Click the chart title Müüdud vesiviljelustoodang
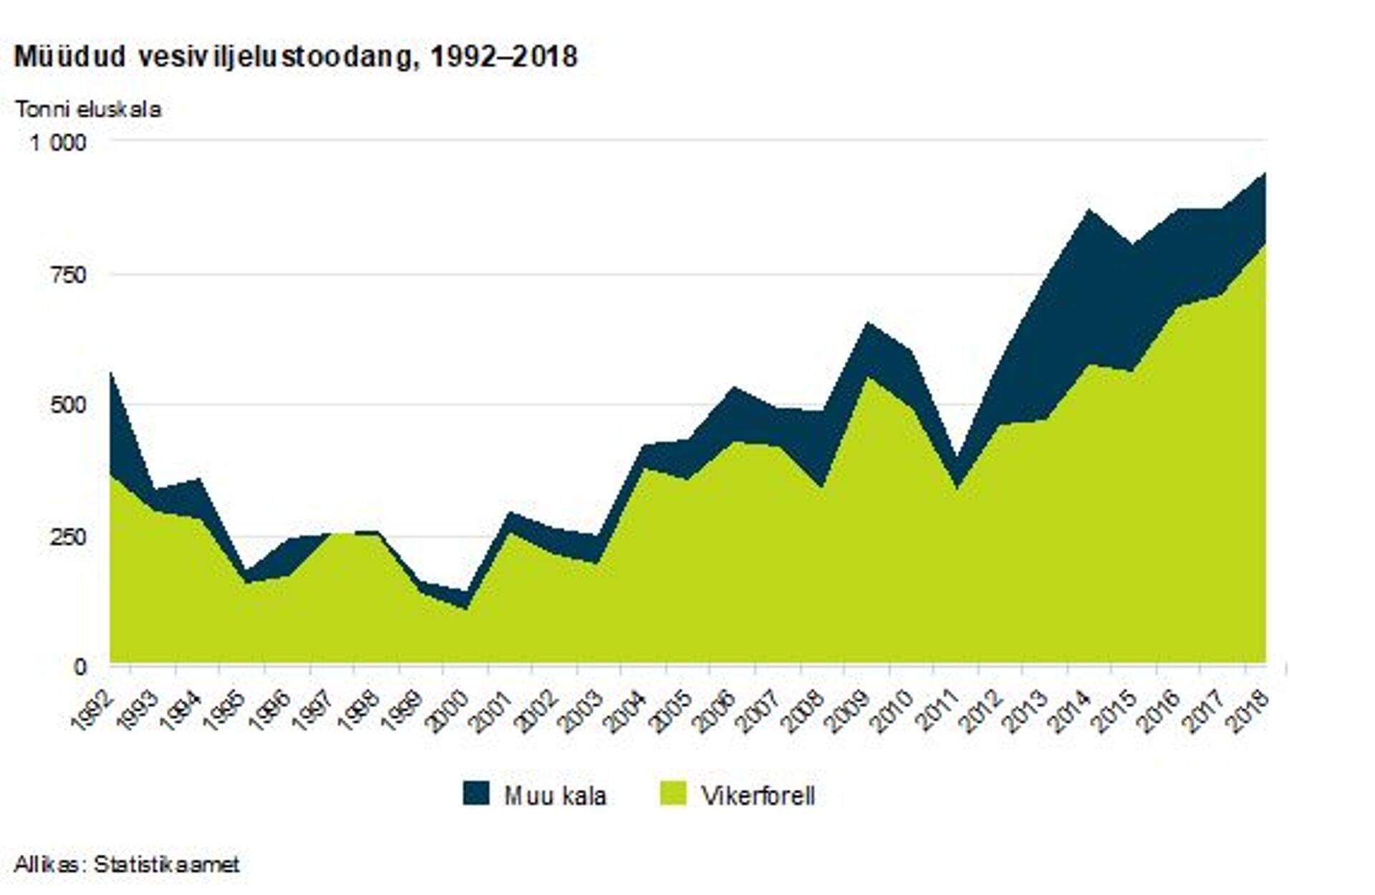click(x=295, y=57)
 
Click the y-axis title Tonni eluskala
click(x=88, y=110)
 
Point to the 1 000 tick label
click(x=57, y=142)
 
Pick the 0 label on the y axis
click(x=79, y=667)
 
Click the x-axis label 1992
click(x=93, y=709)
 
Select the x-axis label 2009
click(x=848, y=709)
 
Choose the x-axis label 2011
click(x=937, y=709)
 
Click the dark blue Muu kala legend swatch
click(x=476, y=794)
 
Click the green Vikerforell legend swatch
click(x=672, y=794)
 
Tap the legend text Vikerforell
click(x=758, y=795)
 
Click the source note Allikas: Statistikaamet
click(x=127, y=864)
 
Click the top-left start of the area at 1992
click(x=111, y=373)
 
